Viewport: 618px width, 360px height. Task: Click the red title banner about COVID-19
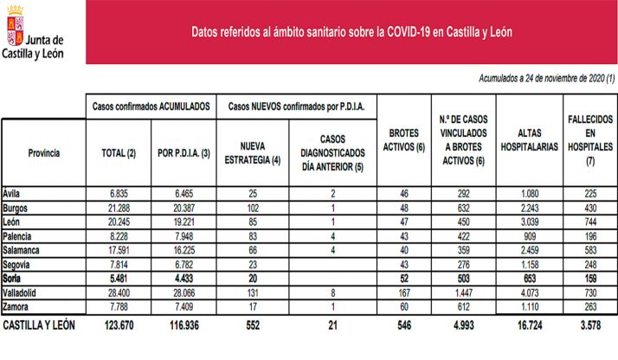pos(351,31)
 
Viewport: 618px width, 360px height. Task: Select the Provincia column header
pos(43,152)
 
